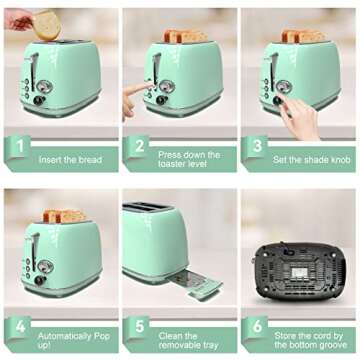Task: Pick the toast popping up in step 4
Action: (x=64, y=216)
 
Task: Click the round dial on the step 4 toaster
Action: (x=45, y=266)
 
